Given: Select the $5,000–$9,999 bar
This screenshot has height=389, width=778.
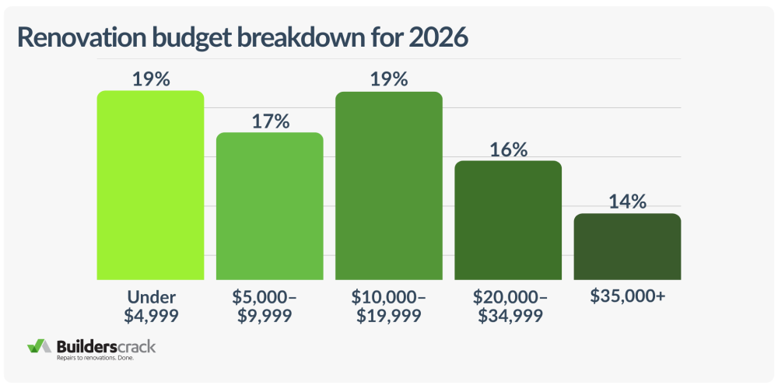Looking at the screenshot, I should coord(269,206).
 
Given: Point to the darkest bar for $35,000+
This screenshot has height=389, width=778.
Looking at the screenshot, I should coord(627,247).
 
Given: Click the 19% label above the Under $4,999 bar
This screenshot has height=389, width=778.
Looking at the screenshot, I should coord(150,79).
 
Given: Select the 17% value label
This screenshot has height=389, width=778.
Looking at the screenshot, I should coord(269,121).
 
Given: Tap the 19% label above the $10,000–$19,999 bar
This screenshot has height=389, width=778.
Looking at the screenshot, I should coord(389,79).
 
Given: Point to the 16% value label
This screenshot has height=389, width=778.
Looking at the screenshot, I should coord(508,149).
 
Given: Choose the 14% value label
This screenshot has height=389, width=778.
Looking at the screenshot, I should coord(627,202).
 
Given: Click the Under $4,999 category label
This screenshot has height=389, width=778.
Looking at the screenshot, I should coord(150,307).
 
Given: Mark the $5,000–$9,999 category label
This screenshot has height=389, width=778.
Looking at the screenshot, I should coord(269,307).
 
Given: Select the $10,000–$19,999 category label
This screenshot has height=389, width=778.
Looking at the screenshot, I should coord(389,307).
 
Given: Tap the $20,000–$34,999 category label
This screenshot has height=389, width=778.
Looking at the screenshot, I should coord(508,307).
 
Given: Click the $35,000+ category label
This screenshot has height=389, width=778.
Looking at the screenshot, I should coord(627,298).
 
